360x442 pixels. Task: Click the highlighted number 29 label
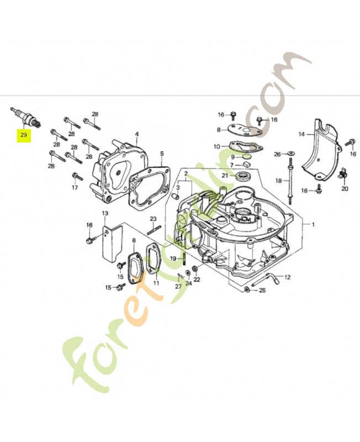point(24,134)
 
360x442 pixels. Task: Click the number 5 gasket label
point(162,154)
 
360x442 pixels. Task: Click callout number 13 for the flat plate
point(104,213)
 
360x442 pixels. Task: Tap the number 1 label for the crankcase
point(313,225)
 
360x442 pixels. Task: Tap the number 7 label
point(232,165)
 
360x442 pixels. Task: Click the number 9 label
point(233,157)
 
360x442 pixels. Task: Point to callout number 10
point(217,146)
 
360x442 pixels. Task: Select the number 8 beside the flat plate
point(219,130)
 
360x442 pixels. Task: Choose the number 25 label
point(262,290)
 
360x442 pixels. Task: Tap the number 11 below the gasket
point(156,282)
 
